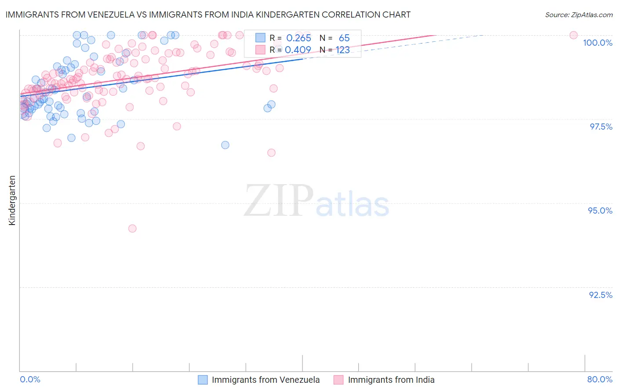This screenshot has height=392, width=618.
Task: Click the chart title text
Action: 208,15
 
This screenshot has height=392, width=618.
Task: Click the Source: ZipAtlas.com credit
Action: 578,15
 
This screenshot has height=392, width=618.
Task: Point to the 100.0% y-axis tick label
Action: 597,43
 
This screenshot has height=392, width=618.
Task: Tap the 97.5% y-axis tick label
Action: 600,127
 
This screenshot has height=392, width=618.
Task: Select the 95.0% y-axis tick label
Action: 600,211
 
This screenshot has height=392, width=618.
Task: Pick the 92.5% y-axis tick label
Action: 600,295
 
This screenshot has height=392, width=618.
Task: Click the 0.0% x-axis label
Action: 30,380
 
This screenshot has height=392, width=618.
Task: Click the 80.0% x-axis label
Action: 600,380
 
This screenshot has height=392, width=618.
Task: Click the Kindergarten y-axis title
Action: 12,200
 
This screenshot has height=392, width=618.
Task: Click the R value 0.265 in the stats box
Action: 298,38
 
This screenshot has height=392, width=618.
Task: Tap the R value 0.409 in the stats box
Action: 298,50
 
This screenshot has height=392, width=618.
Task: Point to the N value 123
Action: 343,50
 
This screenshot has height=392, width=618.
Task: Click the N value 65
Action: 344,38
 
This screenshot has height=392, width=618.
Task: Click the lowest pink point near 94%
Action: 132,229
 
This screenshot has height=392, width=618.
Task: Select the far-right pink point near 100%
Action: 574,35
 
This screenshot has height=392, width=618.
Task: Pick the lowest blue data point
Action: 225,145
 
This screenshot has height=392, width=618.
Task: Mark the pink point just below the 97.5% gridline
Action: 177,127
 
